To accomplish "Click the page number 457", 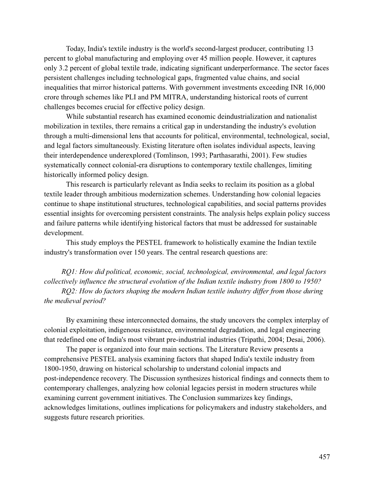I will [x=324, y=456].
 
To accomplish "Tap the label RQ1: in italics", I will [x=69, y=272].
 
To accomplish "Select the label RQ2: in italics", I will [x=69, y=291].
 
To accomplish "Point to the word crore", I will [x=52, y=97].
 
